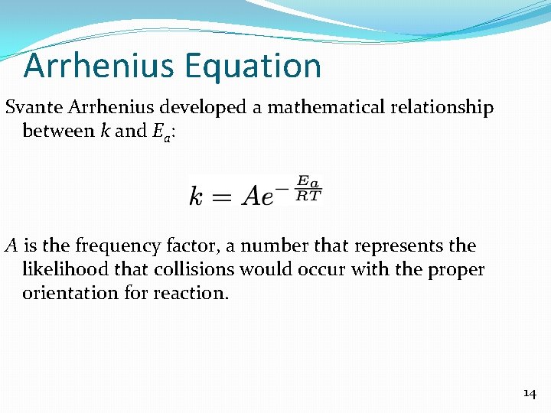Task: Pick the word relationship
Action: click(440, 108)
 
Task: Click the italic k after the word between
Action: click(104, 131)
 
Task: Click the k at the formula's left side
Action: click(197, 196)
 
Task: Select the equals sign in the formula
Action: click(222, 197)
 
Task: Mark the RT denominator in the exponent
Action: click(309, 195)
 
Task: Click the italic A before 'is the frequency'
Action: click(11, 246)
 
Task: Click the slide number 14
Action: click(529, 393)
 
